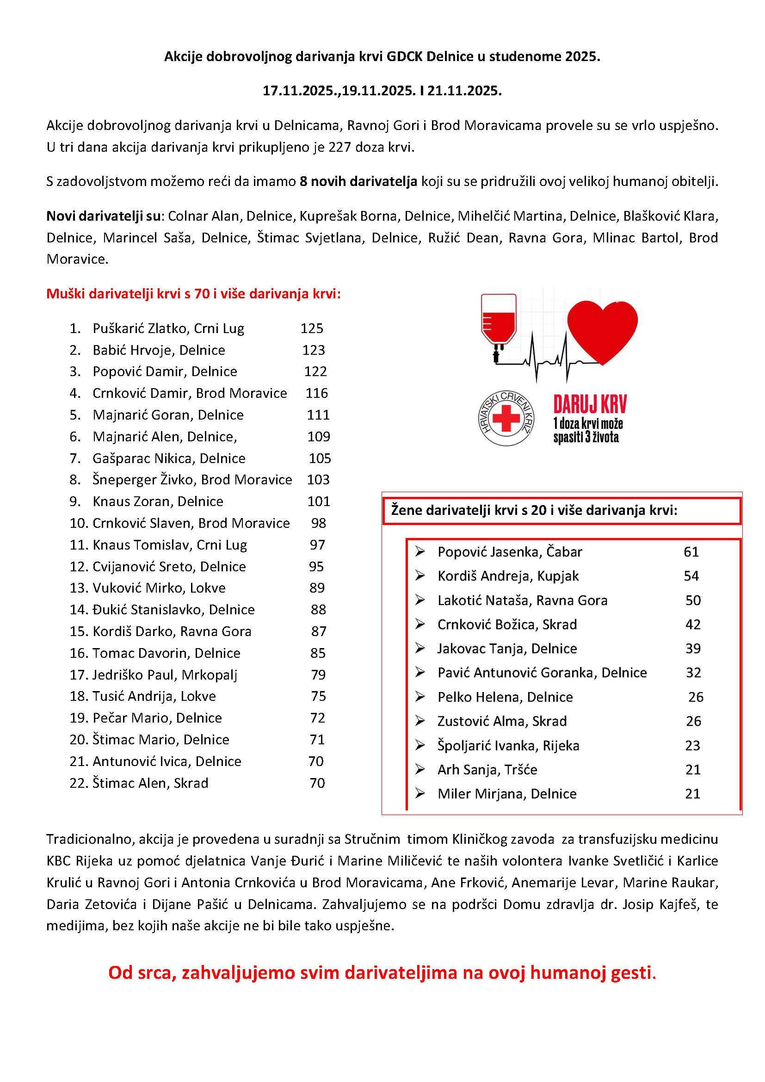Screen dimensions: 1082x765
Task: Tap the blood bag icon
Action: coord(499,320)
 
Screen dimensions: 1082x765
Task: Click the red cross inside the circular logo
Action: coord(506,418)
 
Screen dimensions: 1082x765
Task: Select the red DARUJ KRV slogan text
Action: coord(590,404)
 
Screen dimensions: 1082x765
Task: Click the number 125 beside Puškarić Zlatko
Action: coord(312,328)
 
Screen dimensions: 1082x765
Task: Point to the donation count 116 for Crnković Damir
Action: coord(316,393)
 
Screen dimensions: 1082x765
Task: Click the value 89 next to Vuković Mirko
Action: coord(317,587)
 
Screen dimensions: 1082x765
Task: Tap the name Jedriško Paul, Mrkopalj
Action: coord(165,675)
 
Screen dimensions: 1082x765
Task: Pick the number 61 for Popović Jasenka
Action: coord(691,552)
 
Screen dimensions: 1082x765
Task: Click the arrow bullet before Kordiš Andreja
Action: coord(420,575)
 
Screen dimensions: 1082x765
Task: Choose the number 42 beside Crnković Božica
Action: coord(693,624)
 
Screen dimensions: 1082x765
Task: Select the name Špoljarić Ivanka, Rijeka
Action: coord(508,746)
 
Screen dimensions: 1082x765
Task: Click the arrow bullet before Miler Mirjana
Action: coord(420,794)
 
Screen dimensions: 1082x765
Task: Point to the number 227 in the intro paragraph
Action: coord(339,148)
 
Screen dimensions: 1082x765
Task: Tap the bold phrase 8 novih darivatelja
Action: coord(358,181)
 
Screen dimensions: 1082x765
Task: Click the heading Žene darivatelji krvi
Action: coord(534,510)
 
